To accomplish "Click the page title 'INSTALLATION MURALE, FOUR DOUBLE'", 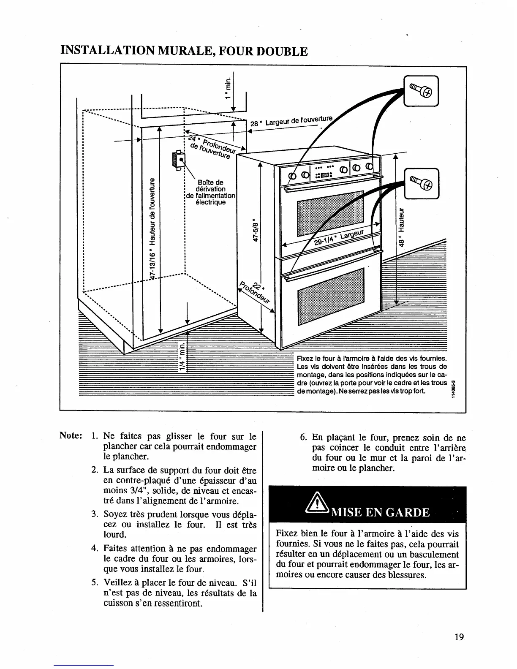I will pos(184,52).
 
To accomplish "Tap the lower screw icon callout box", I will pos(421,183).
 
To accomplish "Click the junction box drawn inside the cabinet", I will pos(179,160).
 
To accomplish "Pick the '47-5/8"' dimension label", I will pos(255,230).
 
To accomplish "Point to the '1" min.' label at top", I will pos(228,87).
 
